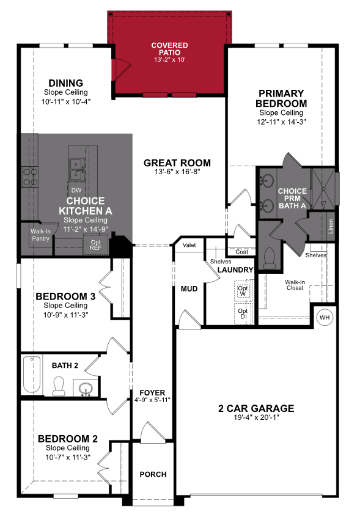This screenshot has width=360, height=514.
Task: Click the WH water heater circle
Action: pos(324,317)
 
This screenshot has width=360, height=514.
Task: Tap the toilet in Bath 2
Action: pos(59,386)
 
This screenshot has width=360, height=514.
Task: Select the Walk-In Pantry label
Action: pos(41,234)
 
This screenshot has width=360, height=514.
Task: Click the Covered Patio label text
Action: pos(169,52)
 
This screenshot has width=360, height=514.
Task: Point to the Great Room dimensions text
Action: pos(177,172)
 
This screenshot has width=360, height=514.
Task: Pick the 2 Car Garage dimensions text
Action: pos(256,419)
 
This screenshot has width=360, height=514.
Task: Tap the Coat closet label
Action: pos(241,252)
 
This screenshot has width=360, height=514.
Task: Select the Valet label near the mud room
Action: pos(189,245)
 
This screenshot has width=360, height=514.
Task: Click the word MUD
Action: pos(189,288)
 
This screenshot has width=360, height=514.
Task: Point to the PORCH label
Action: pos(153,474)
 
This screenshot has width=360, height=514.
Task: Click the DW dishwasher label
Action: pos(76,191)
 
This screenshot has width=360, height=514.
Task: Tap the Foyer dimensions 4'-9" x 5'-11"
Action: pos(152,400)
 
